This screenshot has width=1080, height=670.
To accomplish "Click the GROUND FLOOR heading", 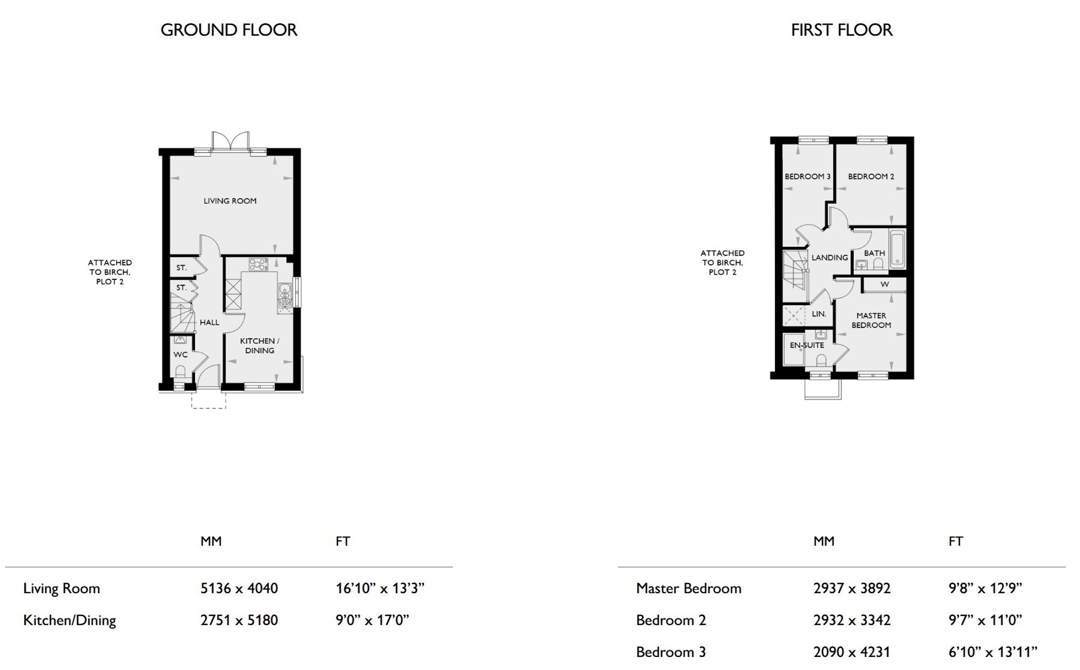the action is [x=229, y=30].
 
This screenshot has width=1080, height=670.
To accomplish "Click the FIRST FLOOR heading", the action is [x=841, y=30].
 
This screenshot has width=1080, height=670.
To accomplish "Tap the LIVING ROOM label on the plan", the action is [x=230, y=201].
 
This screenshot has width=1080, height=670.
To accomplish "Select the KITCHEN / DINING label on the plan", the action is [x=260, y=346].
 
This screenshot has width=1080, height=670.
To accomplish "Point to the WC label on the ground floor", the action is [x=180, y=355].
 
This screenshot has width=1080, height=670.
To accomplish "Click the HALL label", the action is [x=210, y=323].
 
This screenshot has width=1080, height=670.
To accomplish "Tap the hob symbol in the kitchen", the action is [x=258, y=264].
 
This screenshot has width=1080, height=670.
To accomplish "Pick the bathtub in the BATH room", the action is [x=897, y=249].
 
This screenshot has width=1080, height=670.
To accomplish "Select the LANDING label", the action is [x=830, y=258].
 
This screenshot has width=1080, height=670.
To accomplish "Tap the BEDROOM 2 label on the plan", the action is [x=871, y=177].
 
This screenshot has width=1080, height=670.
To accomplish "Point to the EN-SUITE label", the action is [x=807, y=345].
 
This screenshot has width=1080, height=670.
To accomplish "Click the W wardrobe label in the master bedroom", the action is [x=885, y=284].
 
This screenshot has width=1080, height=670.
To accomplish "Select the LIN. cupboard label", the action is [x=819, y=314].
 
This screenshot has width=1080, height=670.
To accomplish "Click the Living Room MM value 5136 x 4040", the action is [x=239, y=588].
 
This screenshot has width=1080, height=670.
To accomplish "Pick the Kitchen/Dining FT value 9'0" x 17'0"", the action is [x=373, y=620].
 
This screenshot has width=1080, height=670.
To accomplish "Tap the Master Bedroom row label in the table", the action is [x=688, y=588].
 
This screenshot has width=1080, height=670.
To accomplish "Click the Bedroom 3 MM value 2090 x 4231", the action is [x=852, y=652].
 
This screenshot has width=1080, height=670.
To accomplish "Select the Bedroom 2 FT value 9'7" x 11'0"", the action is [x=986, y=620].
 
